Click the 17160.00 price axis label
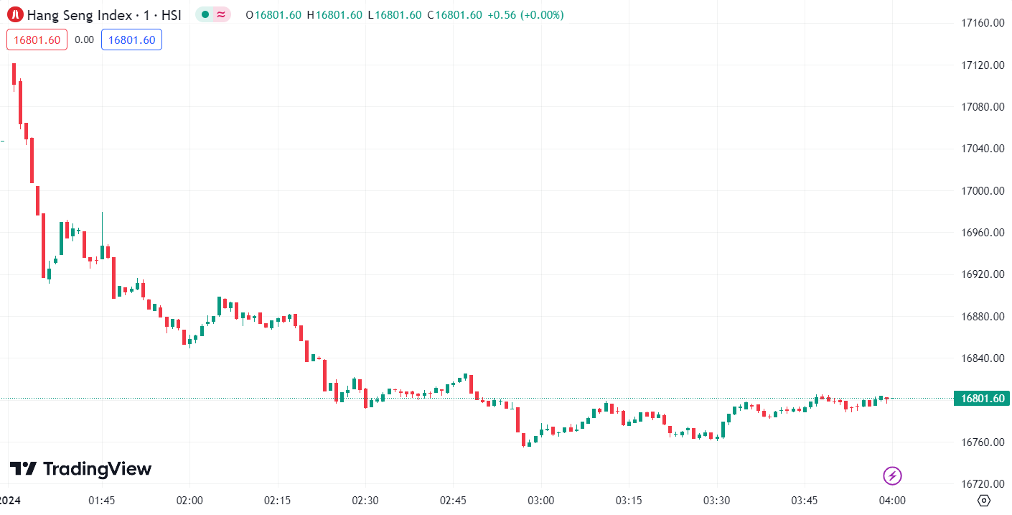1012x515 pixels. (x=982, y=23)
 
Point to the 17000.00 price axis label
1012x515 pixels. (x=982, y=191)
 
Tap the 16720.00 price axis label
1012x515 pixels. (x=982, y=484)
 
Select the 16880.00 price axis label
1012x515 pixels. (x=982, y=317)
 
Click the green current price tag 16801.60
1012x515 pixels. (x=981, y=399)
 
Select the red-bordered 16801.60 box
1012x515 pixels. (x=37, y=40)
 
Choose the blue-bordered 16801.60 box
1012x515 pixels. (x=131, y=40)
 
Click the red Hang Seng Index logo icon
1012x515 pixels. (x=14, y=15)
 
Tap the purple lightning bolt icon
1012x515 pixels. (x=892, y=475)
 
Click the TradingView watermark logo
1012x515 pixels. (x=80, y=469)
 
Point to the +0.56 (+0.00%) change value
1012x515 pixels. (x=525, y=15)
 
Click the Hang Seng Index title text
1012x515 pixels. (x=103, y=15)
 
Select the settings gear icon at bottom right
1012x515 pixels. (x=984, y=501)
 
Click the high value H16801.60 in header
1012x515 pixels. (x=334, y=15)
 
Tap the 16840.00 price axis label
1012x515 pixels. (x=982, y=358)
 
